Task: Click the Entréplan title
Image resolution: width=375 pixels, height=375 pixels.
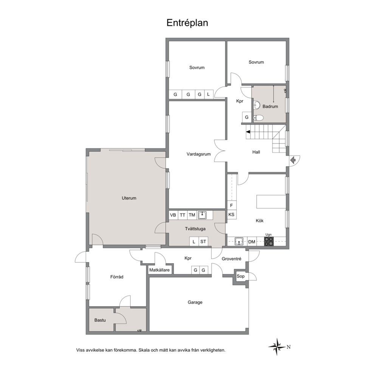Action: point(187,23)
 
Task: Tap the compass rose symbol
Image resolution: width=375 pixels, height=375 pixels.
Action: point(277,347)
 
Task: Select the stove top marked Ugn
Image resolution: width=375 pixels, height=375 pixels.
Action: point(269,241)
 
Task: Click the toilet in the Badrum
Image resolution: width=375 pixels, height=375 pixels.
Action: point(258,118)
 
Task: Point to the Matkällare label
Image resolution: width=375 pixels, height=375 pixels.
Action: point(159,270)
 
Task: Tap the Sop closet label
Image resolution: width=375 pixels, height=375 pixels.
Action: point(240,276)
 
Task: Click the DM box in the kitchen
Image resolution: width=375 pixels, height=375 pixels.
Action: point(252,242)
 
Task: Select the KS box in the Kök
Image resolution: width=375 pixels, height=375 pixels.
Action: point(231,214)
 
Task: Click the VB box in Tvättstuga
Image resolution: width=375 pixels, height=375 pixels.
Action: point(173,215)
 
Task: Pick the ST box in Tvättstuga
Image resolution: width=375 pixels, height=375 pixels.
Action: point(203,242)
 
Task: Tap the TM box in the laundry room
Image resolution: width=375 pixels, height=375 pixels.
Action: point(192,215)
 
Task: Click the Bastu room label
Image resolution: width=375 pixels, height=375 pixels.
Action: point(100,320)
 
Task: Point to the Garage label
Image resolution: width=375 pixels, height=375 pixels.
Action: point(195,302)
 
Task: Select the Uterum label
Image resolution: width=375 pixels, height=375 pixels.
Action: point(129,198)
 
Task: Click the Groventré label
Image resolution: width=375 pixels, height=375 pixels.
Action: point(231,259)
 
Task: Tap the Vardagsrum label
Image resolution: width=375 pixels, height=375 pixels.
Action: point(198,154)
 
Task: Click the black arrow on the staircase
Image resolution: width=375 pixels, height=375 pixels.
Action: point(248,132)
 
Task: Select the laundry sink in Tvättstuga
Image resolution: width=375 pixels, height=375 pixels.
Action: point(202,215)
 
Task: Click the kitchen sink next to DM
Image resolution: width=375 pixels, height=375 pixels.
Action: point(239,242)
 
